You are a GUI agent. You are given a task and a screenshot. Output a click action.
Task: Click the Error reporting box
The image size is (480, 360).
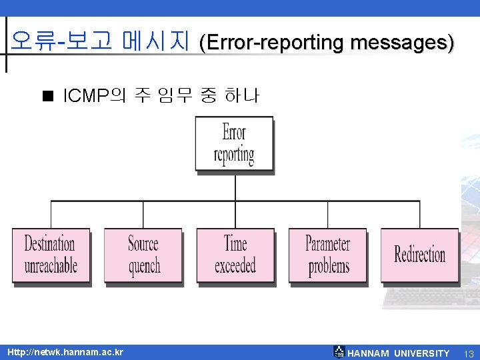(x=234, y=143)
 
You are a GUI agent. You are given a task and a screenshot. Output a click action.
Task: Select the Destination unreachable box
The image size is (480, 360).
(x=51, y=255)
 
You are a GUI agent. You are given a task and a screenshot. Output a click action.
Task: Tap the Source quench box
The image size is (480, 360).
(x=143, y=255)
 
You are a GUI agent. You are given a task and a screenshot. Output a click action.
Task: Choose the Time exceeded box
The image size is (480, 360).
(x=235, y=255)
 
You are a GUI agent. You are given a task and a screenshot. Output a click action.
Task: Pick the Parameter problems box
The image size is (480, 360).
(x=327, y=255)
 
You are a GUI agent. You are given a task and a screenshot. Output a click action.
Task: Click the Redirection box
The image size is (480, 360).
(x=419, y=255)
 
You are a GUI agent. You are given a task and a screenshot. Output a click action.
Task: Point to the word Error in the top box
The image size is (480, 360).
(x=234, y=132)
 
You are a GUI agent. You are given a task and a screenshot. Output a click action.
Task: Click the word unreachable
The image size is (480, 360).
(x=51, y=266)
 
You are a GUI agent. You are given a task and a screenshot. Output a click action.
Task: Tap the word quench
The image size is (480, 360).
(x=145, y=267)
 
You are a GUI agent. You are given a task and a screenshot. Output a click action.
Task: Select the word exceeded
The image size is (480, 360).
(x=235, y=266)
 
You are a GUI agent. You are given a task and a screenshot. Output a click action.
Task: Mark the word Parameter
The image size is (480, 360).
(x=327, y=243)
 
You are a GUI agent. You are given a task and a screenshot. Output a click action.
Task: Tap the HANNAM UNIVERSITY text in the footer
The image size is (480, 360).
(x=399, y=353)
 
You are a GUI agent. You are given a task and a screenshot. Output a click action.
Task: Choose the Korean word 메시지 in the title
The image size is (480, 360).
(x=156, y=41)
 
